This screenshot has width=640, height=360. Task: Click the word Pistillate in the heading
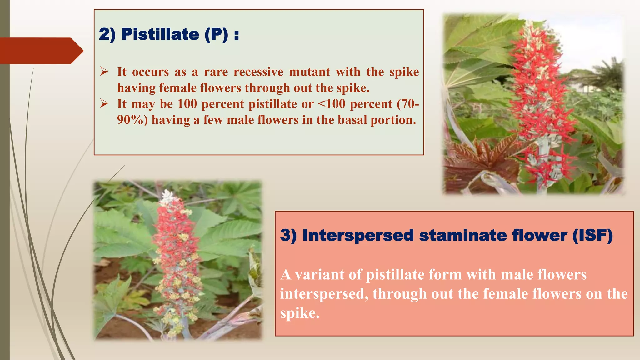coord(160,34)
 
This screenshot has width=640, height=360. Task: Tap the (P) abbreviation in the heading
coord(216,34)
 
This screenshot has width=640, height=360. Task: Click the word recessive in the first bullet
coord(258,72)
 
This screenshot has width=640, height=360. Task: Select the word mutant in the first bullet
coord(309,72)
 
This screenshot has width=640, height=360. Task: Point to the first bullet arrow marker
coord(104,71)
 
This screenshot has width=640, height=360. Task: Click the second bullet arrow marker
coord(104,103)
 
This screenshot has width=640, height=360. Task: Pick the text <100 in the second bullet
coord(331,104)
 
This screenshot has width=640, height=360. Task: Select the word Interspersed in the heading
coord(358,235)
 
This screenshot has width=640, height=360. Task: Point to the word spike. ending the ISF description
coord(299,313)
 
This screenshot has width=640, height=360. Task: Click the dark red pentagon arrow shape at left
coord(39,51)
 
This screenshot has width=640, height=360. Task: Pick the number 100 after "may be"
coord(187,104)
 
